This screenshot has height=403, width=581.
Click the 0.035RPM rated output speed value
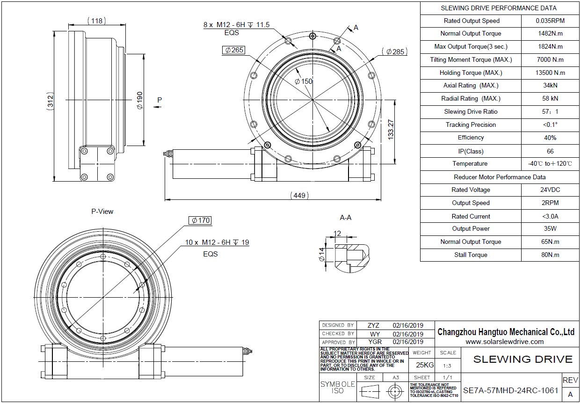click(550, 21)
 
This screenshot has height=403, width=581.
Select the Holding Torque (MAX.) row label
click(471, 73)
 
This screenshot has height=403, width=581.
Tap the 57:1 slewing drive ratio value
click(550, 111)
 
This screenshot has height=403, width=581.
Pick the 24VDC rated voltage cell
click(550, 190)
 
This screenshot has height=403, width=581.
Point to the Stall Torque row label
click(471, 255)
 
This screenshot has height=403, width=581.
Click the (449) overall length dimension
click(299, 195)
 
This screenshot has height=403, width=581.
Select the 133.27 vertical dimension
click(391, 130)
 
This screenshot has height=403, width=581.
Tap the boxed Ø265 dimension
click(234, 50)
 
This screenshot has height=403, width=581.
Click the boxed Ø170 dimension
click(200, 220)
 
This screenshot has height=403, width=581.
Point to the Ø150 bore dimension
click(304, 81)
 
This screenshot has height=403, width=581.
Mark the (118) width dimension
click(96, 21)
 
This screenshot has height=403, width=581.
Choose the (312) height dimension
click(50, 101)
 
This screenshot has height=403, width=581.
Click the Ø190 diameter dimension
click(140, 100)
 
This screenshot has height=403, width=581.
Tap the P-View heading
click(102, 212)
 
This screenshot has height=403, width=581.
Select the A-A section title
click(346, 218)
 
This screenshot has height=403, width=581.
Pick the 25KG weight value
click(425, 365)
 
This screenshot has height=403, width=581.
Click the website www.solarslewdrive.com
click(504, 342)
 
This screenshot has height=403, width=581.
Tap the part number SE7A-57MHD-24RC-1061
click(510, 390)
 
